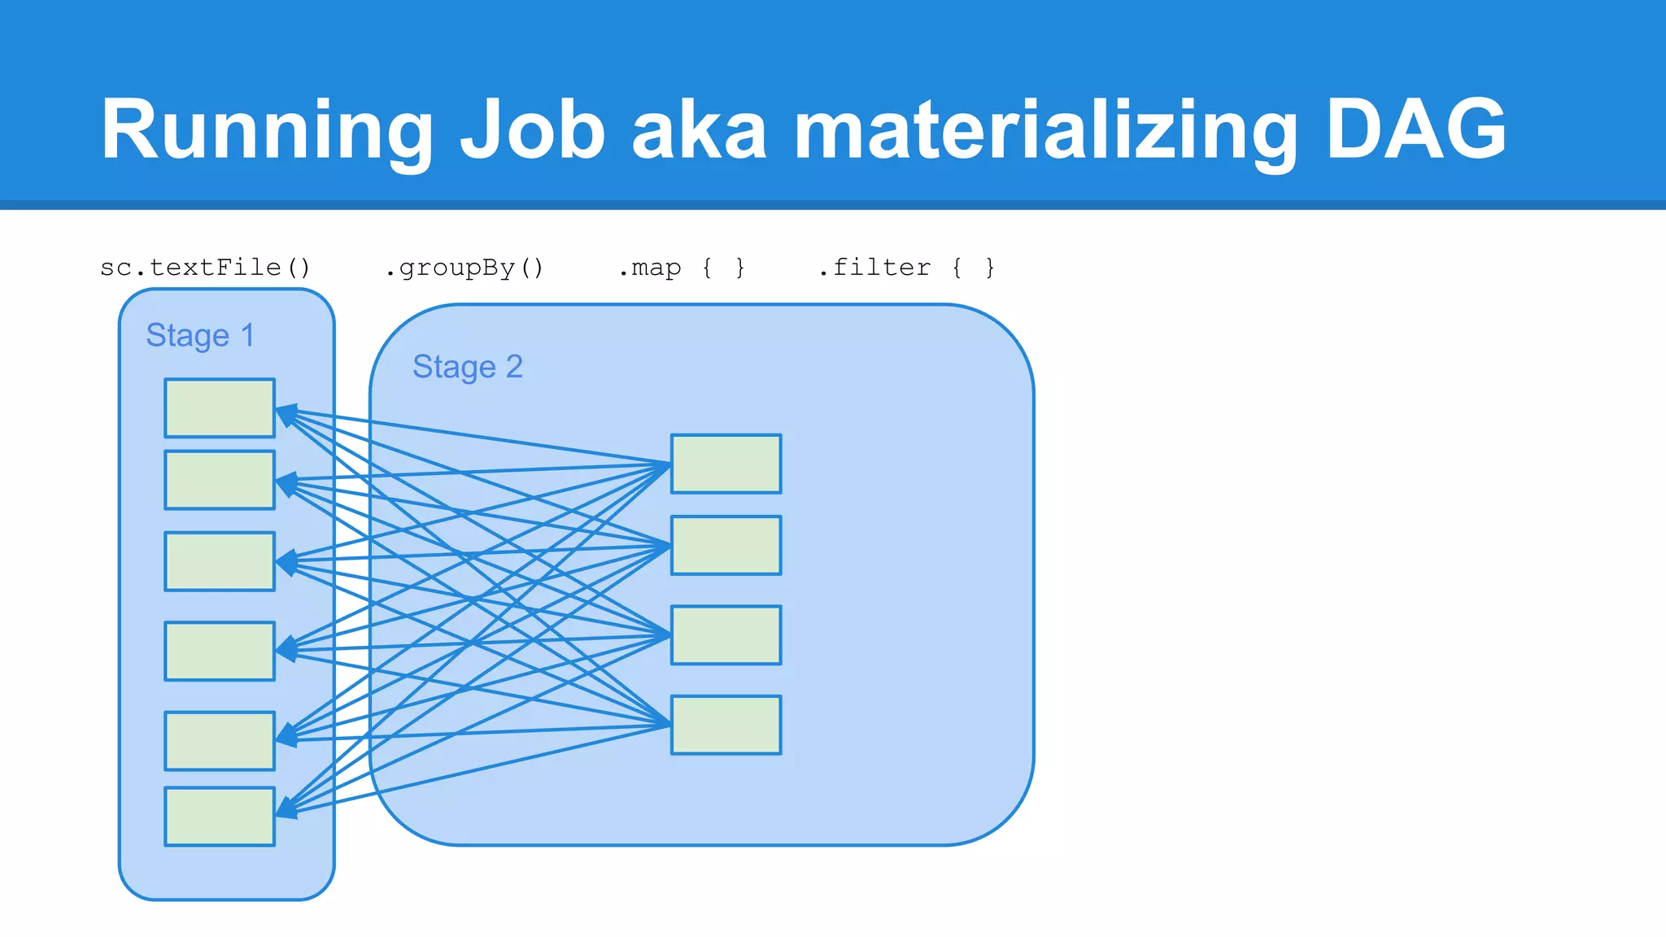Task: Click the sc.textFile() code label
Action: point(205,268)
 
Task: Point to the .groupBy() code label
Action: point(464,268)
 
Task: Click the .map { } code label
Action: point(681,268)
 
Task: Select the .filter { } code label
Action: point(905,268)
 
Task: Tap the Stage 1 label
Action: point(200,335)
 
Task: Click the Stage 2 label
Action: point(467,367)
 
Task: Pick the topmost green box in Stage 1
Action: point(220,407)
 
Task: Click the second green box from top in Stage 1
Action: point(220,480)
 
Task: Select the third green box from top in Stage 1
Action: point(220,561)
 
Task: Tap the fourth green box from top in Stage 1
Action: point(220,651)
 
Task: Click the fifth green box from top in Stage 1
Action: point(220,741)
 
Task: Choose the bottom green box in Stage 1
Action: point(220,816)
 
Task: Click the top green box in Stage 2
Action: point(726,464)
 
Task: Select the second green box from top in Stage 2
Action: point(726,545)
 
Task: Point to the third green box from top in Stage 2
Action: point(726,634)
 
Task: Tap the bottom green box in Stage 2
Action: point(726,725)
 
